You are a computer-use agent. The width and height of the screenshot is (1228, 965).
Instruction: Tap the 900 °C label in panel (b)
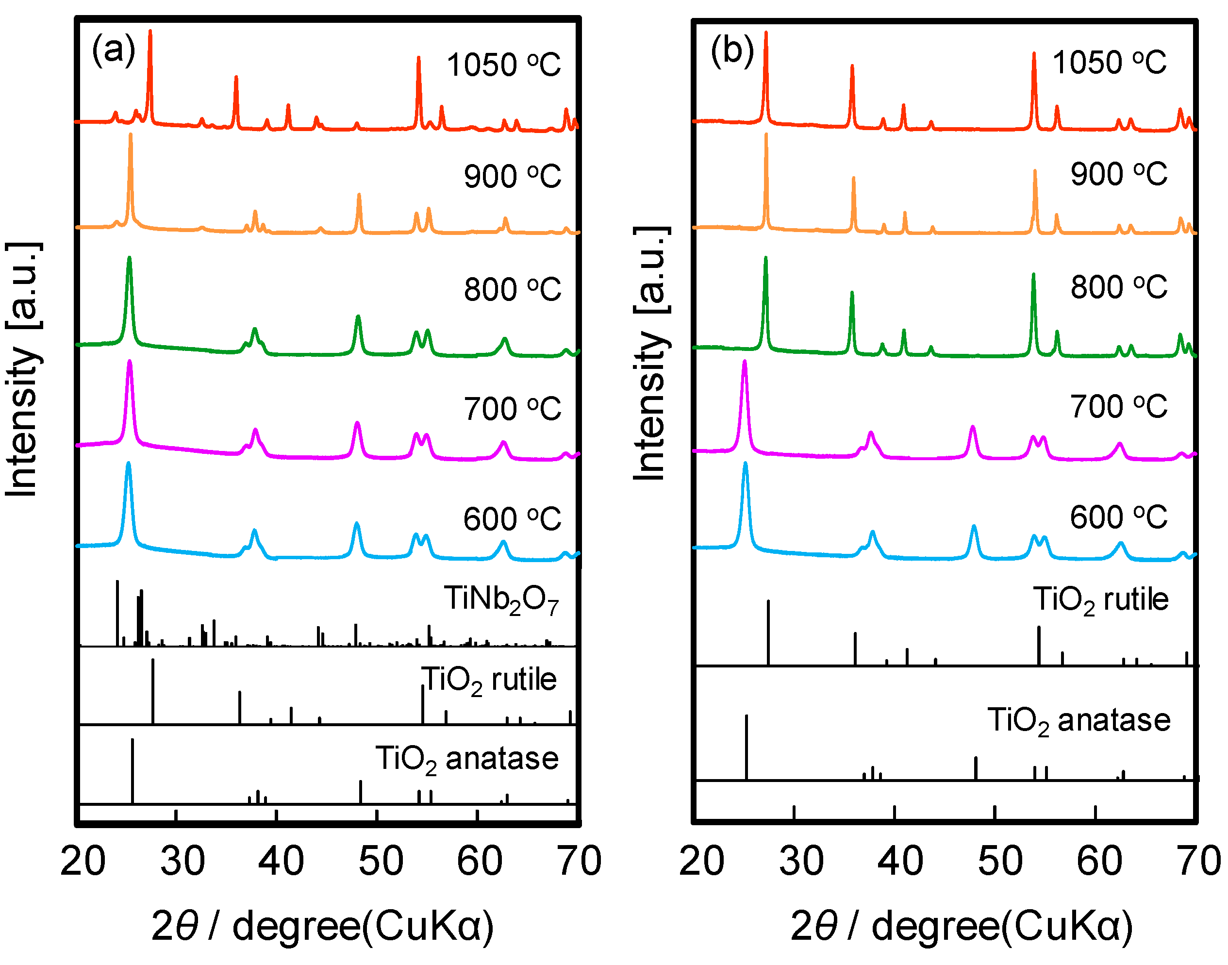point(1118,173)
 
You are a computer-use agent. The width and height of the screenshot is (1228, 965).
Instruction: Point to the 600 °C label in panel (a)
point(512,518)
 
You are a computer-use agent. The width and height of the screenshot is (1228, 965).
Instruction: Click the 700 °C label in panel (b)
point(1118,406)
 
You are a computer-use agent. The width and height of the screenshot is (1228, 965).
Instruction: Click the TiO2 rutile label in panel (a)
point(489,680)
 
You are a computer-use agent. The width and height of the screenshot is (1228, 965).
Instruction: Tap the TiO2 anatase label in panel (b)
point(1079,721)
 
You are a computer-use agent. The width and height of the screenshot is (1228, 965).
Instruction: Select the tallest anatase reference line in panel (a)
point(132,771)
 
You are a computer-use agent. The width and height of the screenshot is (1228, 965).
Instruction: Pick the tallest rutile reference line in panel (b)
point(768,633)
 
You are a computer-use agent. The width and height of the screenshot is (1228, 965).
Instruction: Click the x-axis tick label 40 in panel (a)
point(280,862)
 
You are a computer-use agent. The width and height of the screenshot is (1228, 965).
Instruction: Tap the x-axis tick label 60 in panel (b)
point(1099,862)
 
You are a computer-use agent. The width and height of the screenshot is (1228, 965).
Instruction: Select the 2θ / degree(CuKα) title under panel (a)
point(323,927)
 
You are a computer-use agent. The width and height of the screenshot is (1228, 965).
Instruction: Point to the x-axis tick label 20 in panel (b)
point(701,862)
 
